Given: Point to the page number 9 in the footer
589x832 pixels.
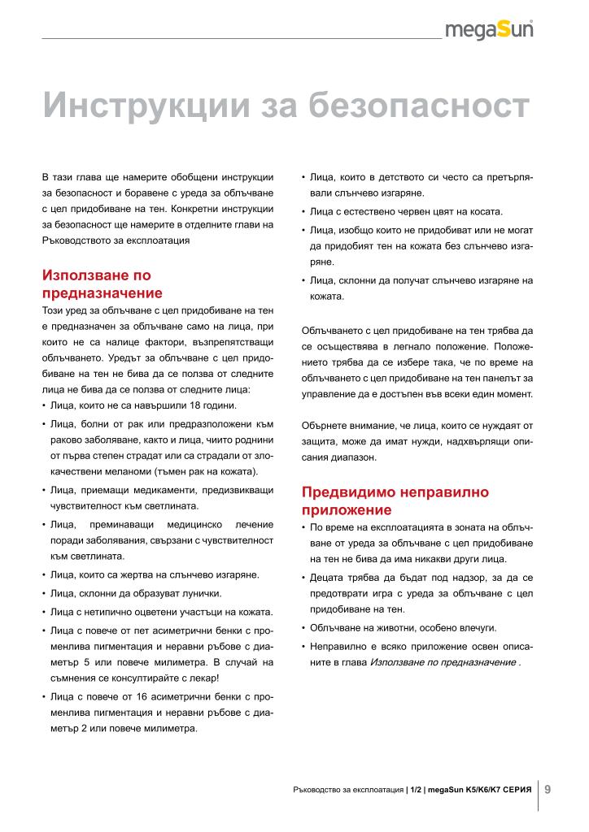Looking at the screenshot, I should [548, 788].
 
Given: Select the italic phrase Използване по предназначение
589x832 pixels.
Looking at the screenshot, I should [442, 662].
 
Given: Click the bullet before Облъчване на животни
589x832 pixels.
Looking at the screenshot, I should [303, 628].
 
